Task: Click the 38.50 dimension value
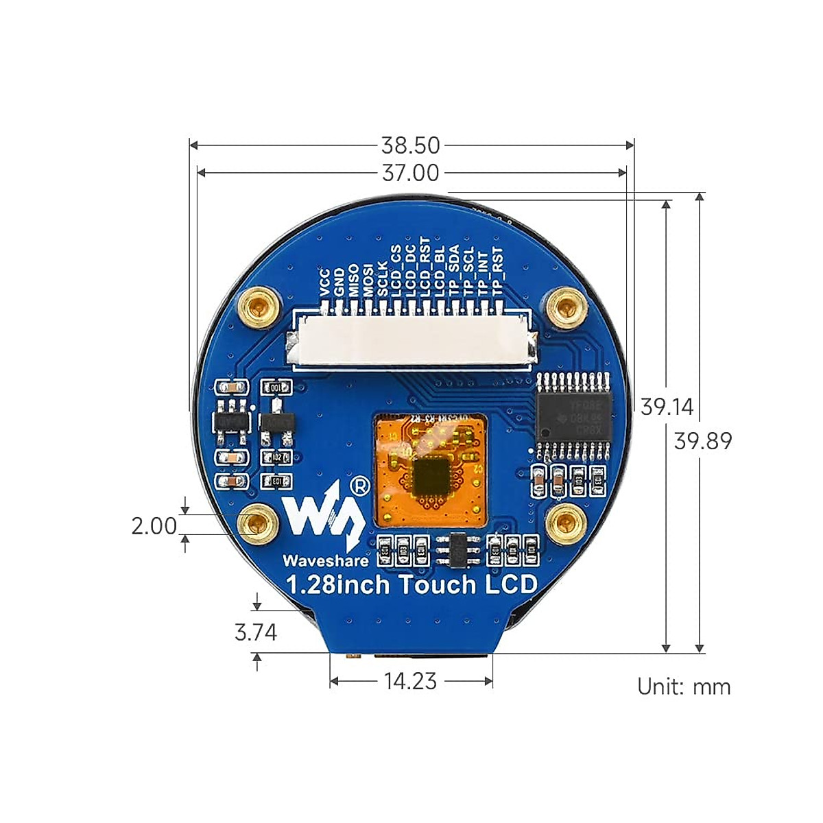click(x=410, y=145)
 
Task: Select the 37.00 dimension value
click(x=410, y=173)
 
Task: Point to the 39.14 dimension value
click(x=667, y=407)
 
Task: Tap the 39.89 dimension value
click(x=703, y=440)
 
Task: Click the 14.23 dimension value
click(x=410, y=681)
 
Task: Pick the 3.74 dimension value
click(x=256, y=632)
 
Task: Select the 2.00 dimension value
click(x=154, y=526)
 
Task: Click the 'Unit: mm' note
click(x=684, y=687)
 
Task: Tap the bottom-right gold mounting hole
click(x=566, y=525)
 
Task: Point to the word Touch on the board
click(x=436, y=585)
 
